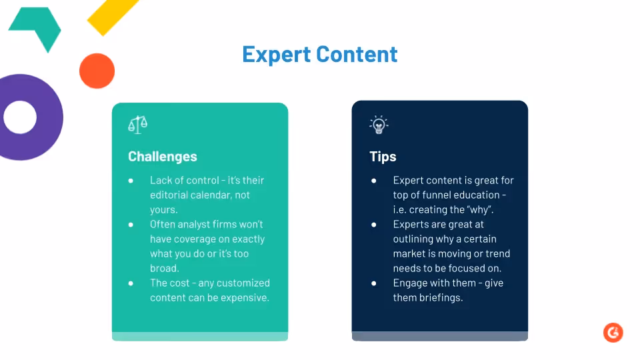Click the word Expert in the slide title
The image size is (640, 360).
[x=276, y=55]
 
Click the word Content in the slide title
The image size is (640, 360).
[x=357, y=54]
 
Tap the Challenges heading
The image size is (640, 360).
[x=163, y=157]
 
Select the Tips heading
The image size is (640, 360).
[x=383, y=157]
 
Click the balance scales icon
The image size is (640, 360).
[x=137, y=125]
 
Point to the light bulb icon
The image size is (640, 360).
[x=379, y=125]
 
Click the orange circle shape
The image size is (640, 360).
[x=97, y=71]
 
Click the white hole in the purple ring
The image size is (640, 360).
[x=20, y=117]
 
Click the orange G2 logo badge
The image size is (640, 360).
[x=613, y=333]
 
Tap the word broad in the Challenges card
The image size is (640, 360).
[x=165, y=268]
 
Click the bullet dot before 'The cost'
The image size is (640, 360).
[x=131, y=283]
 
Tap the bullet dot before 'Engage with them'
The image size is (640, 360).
[x=374, y=283]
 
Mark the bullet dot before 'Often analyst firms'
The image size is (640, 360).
[x=131, y=225]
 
